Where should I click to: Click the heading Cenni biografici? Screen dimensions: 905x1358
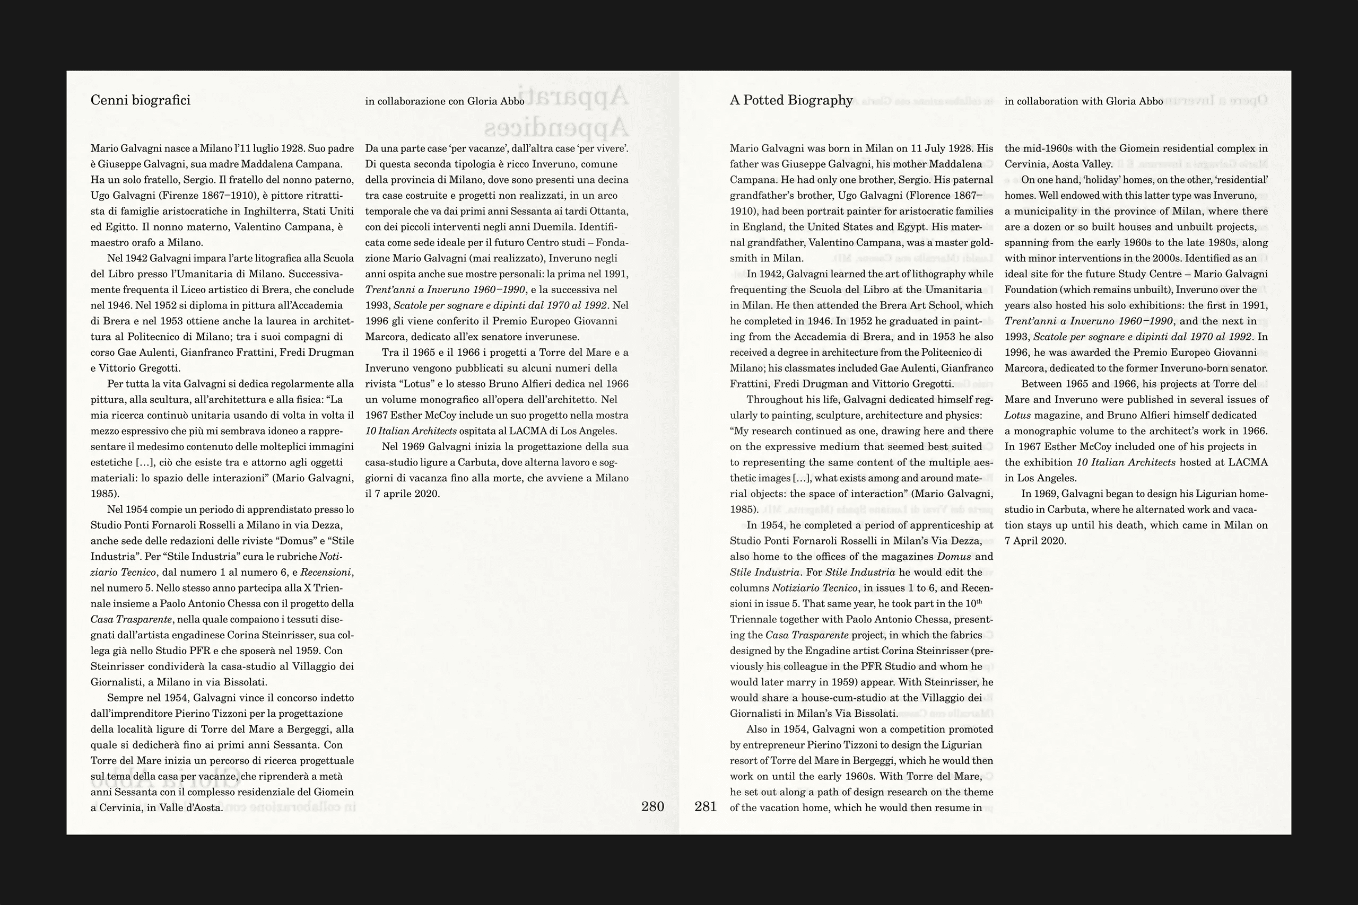(x=140, y=100)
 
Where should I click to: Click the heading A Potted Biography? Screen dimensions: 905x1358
(x=791, y=100)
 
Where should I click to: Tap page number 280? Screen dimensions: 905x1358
(x=652, y=806)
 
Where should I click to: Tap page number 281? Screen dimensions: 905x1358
(x=705, y=806)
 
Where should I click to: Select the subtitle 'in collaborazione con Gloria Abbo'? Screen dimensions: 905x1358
(x=445, y=102)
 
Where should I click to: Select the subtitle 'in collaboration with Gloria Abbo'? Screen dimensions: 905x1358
(x=1084, y=102)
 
